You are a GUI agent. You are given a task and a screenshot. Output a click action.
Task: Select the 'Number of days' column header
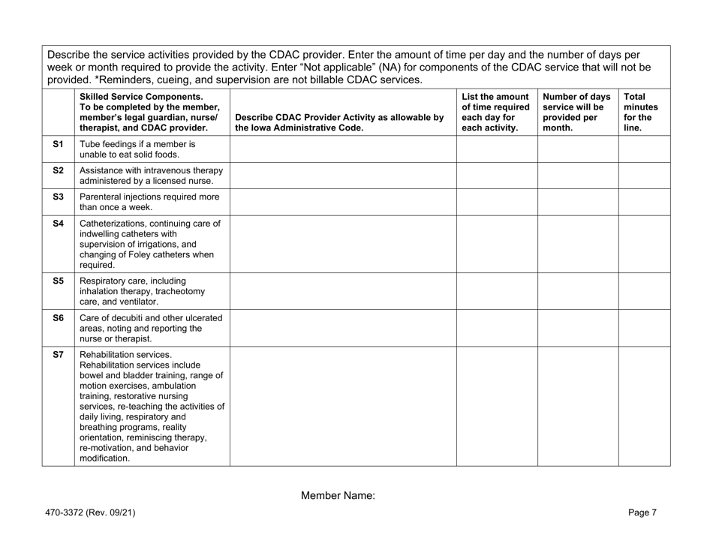577,113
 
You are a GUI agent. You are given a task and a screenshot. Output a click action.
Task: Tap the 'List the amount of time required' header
496,113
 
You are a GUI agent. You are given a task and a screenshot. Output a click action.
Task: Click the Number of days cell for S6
577,327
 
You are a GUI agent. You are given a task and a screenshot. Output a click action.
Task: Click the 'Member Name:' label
337,496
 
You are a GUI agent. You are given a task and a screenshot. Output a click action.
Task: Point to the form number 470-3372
89,512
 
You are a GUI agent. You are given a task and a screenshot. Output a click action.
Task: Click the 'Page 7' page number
643,512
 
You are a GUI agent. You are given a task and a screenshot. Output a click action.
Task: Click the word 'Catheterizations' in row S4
117,222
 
